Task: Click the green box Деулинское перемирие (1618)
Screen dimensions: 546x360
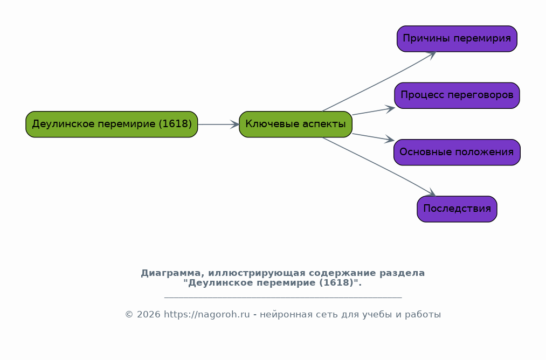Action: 112,124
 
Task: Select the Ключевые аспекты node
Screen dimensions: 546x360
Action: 295,124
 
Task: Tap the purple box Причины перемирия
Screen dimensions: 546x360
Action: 457,39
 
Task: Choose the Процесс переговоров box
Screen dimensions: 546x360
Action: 457,95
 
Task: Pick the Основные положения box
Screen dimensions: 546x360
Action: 457,152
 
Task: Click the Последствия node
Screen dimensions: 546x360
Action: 457,209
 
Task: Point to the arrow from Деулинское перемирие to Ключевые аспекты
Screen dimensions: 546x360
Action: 219,124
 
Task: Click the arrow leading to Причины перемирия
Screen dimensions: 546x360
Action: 379,82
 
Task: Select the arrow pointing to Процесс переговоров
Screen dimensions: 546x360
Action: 374,112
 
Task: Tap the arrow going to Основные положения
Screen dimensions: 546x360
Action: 374,137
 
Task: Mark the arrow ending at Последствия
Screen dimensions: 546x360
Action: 379,167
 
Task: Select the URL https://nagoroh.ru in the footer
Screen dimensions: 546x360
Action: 207,314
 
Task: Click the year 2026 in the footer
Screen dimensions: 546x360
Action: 149,314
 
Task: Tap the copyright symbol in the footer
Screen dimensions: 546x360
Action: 129,314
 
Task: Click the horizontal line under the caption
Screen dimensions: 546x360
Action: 283,297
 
